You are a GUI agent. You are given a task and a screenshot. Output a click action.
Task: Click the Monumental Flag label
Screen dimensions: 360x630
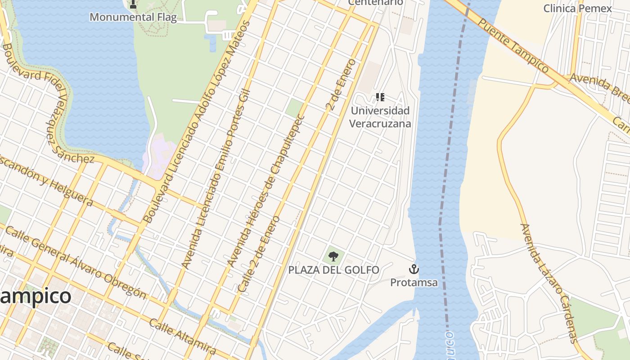(133, 17)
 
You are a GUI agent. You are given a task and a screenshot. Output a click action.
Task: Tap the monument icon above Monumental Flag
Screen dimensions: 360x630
(133, 4)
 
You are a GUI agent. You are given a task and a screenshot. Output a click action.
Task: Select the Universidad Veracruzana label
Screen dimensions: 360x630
(380, 117)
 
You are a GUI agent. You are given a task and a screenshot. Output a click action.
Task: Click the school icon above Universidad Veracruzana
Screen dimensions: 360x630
(380, 97)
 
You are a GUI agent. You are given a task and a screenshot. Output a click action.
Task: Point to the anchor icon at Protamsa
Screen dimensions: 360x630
(414, 269)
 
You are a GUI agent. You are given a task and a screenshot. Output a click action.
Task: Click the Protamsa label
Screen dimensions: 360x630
(414, 283)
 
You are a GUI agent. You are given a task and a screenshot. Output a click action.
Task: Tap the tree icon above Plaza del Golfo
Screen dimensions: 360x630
(333, 256)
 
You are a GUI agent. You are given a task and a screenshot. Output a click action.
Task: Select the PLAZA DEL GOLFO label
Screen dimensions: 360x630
(333, 270)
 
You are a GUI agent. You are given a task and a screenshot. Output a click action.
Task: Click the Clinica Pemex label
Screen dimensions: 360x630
(577, 8)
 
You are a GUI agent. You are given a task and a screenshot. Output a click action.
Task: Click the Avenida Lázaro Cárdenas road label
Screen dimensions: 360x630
(549, 283)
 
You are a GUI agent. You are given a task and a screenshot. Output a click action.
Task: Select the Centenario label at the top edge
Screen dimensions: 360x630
(376, 3)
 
